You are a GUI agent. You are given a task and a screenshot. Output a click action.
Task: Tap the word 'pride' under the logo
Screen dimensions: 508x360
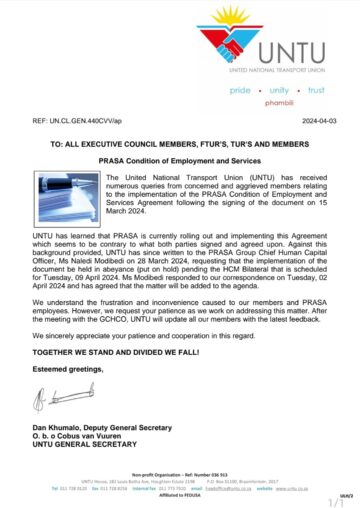[x=241, y=90]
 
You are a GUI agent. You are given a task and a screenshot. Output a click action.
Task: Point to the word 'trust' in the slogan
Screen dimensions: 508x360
[x=316, y=90]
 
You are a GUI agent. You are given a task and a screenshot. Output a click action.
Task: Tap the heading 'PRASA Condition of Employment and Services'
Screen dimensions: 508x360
[x=179, y=161]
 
